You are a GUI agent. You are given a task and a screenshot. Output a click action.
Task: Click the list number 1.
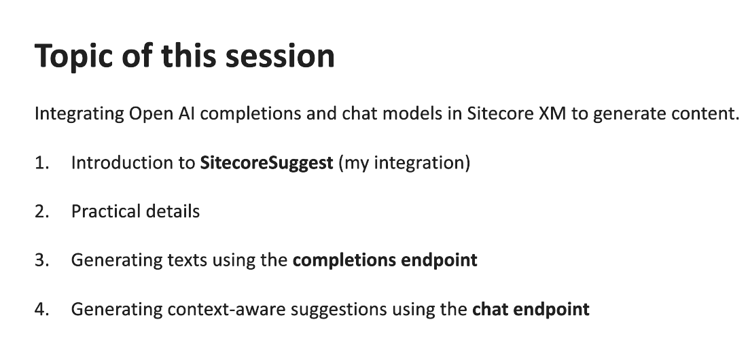coord(41,163)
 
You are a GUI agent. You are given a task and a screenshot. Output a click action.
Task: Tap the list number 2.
coord(41,212)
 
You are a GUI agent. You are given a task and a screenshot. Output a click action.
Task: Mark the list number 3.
coord(41,261)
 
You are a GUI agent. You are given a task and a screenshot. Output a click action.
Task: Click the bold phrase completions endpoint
coord(385,261)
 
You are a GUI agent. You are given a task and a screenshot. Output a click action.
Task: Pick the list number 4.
coord(41,310)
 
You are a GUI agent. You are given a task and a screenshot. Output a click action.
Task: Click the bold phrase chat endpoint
coord(531,310)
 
